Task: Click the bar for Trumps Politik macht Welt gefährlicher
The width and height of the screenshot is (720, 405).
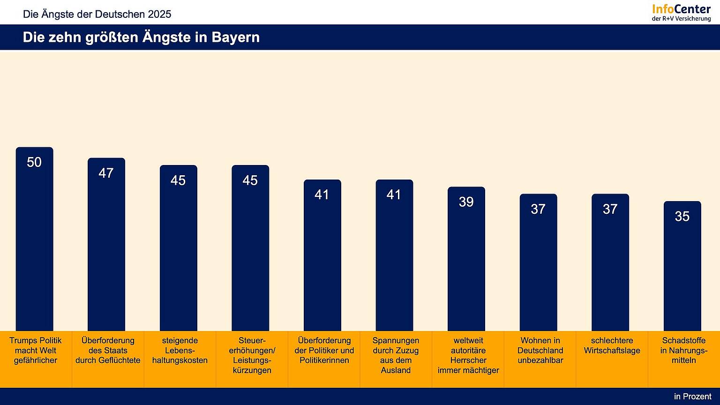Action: tap(34, 244)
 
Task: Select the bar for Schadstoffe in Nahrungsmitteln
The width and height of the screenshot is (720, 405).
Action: tap(682, 272)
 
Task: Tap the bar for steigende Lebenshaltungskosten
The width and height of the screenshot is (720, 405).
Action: tap(178, 253)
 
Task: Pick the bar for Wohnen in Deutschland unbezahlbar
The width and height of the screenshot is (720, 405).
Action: tap(538, 267)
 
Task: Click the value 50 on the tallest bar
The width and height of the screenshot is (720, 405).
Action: tap(34, 162)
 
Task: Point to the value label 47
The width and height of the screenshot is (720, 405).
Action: tap(106, 173)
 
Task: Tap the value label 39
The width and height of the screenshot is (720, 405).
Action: tap(466, 202)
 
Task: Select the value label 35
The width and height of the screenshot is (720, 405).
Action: tap(682, 216)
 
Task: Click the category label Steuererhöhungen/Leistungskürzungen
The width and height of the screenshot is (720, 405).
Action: tap(252, 355)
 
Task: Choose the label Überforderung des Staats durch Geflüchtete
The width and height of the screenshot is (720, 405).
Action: tap(108, 350)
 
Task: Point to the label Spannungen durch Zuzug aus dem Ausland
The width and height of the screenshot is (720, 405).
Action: tap(396, 355)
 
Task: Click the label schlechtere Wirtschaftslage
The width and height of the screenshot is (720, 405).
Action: tap(612, 345)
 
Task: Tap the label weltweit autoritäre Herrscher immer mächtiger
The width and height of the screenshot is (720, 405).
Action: tap(468, 355)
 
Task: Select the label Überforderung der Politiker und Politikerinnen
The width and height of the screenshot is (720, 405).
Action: tap(324, 350)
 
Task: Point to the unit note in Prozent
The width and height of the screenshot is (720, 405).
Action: tap(692, 397)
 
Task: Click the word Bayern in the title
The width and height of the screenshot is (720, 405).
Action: tap(235, 37)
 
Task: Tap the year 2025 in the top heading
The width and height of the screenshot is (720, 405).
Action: tap(159, 14)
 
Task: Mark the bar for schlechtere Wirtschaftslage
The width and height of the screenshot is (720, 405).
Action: tap(610, 267)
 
